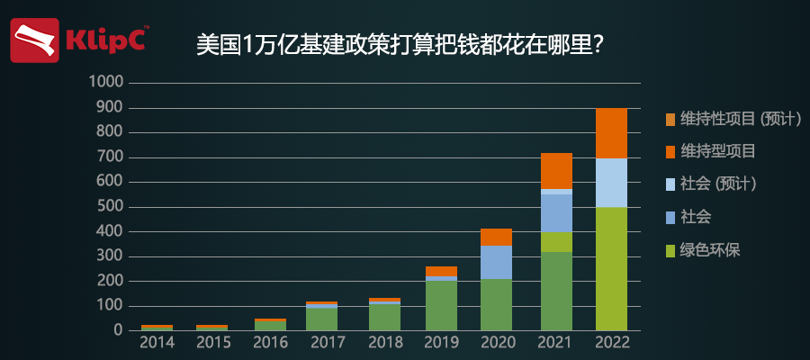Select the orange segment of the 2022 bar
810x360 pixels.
611,133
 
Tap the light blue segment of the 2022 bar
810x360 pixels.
611,183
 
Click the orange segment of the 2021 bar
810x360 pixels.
556,171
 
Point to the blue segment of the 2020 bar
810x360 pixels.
496,262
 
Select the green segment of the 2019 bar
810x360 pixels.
441,306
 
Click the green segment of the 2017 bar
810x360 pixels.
321,319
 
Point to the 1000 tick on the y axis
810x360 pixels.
107,83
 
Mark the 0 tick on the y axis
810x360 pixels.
118,330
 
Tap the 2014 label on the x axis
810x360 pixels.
157,344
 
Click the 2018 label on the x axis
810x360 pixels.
384,344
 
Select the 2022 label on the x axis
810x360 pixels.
611,344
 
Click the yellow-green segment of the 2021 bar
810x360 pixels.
556,242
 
